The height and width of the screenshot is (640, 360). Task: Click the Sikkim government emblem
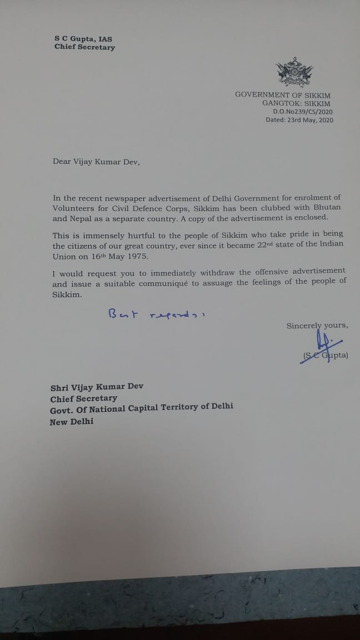[291, 74]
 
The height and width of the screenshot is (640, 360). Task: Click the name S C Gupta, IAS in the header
[83, 39]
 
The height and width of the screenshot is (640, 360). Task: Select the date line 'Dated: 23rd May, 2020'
[299, 120]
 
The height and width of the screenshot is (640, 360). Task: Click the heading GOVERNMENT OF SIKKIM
[291, 94]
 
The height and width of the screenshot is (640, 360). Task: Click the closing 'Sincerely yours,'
[317, 326]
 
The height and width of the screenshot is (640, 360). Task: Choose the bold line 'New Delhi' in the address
[72, 422]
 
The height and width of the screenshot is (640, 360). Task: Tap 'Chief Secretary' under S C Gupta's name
[84, 48]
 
